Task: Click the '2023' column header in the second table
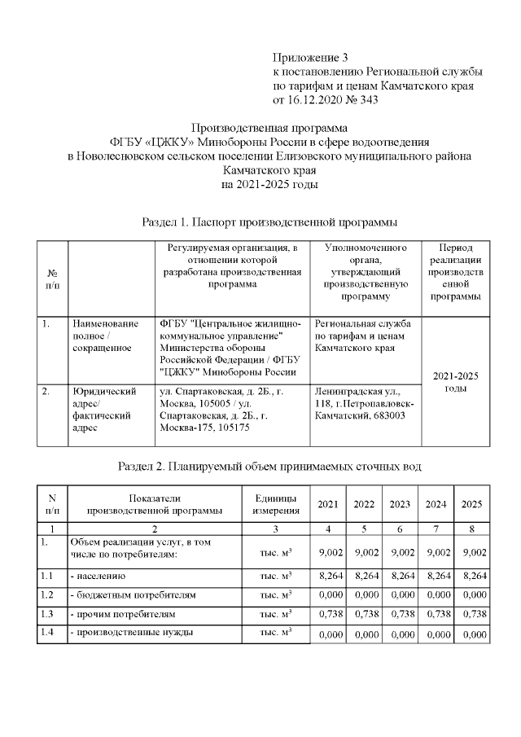(x=400, y=504)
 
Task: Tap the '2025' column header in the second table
(x=472, y=504)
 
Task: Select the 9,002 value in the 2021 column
(x=329, y=553)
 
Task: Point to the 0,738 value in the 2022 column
(x=364, y=613)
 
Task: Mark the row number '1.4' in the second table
(x=47, y=633)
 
